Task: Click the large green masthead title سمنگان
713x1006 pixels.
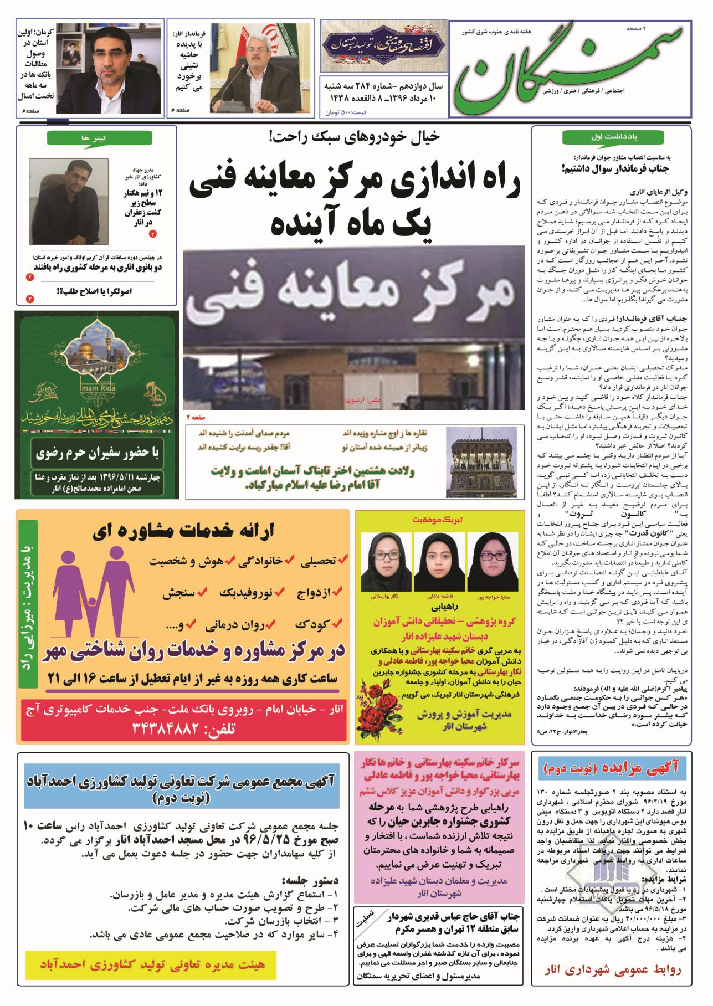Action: tap(565, 69)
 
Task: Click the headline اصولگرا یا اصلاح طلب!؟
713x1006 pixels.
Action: tap(97, 291)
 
